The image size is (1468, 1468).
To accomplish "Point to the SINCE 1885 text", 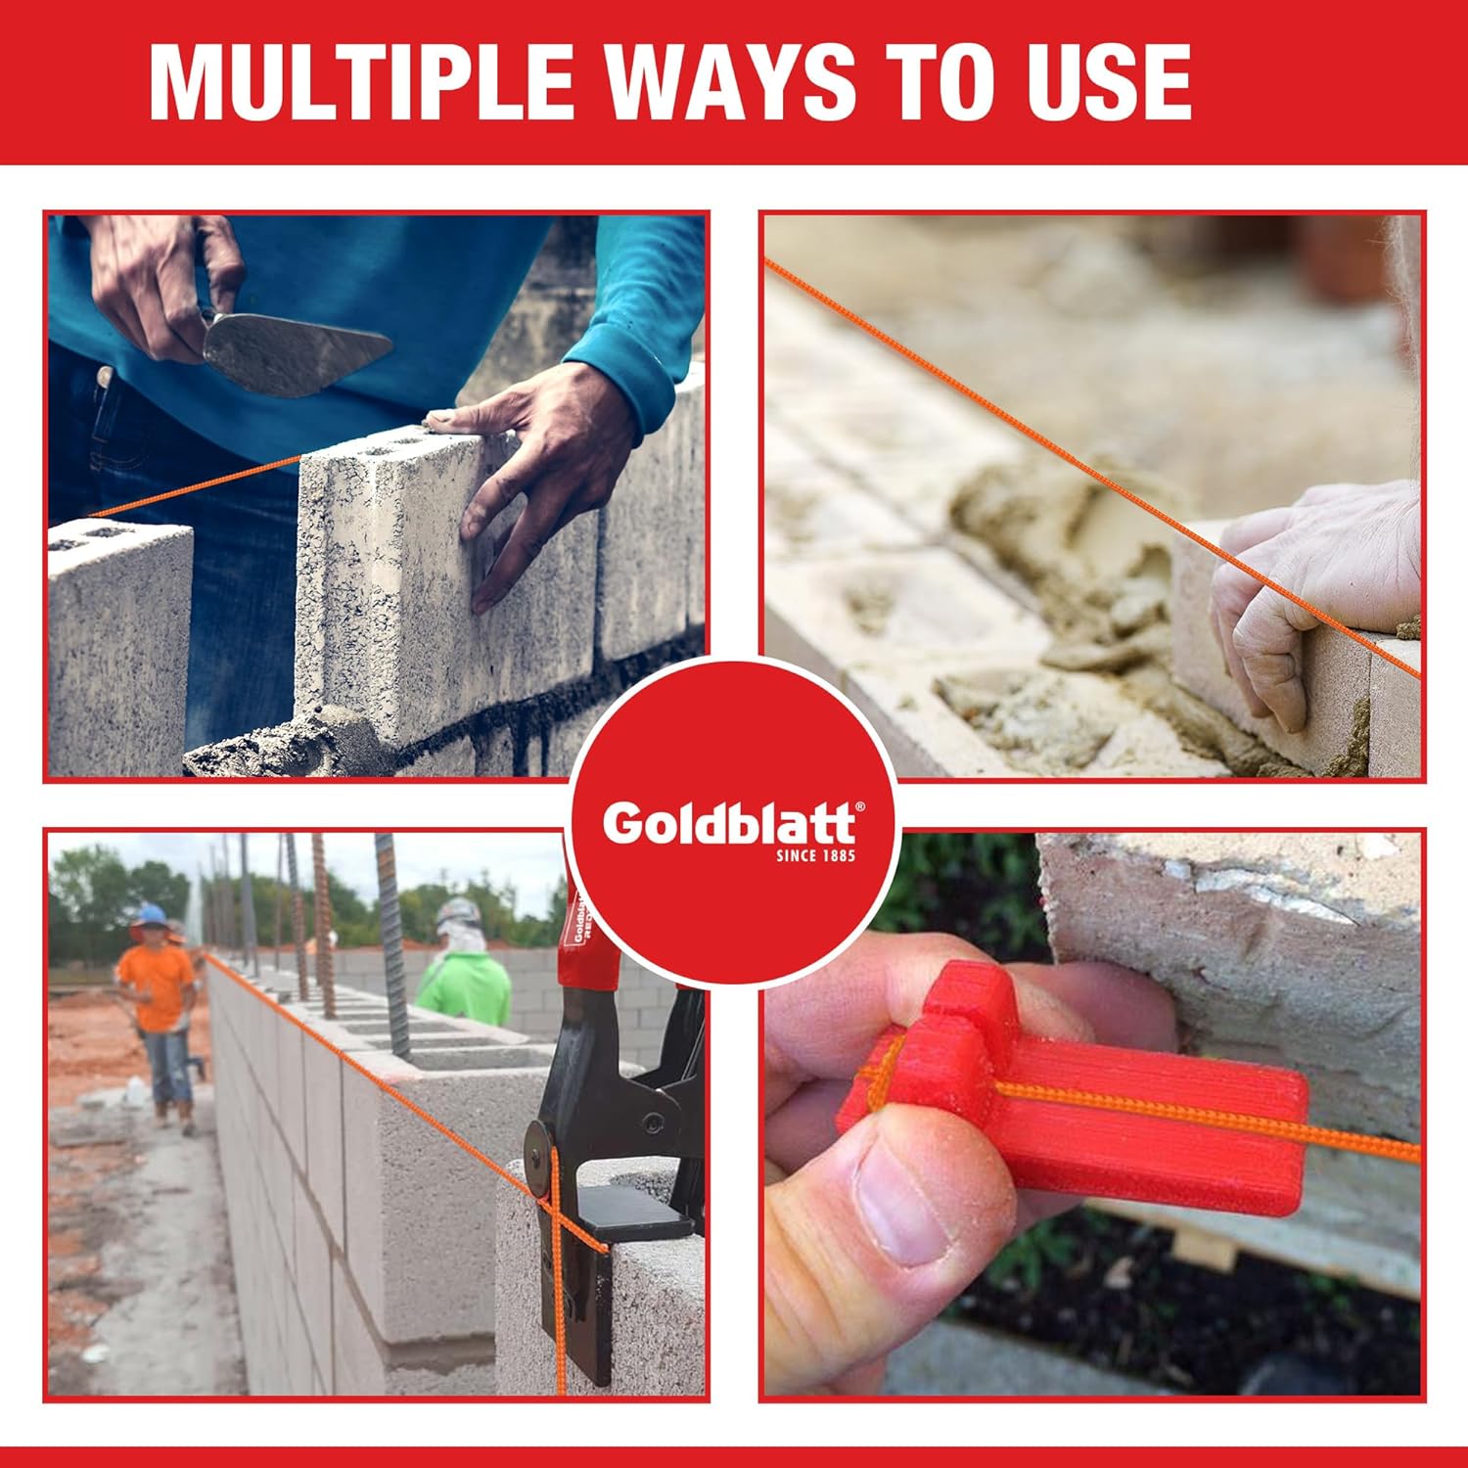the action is point(816,856).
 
